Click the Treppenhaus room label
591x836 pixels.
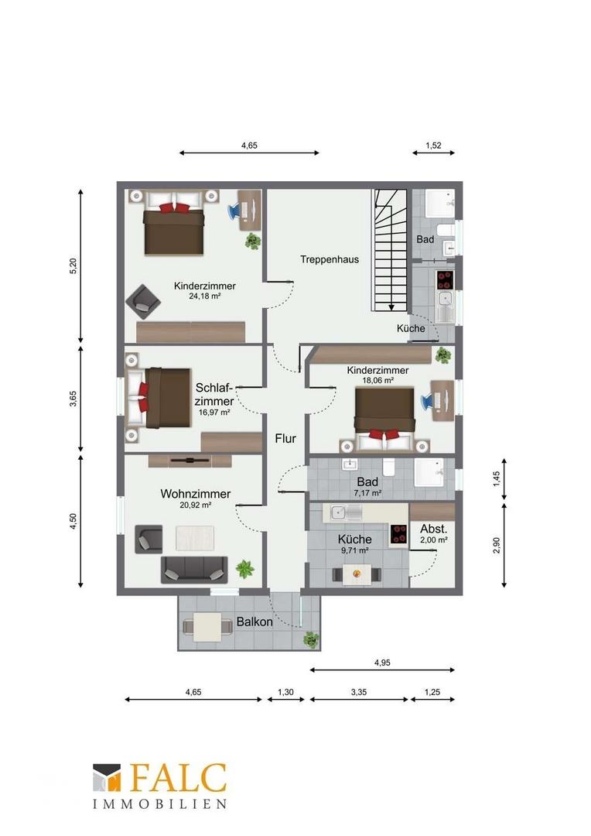(330, 259)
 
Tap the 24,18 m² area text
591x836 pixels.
(205, 296)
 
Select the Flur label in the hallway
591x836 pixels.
(285, 439)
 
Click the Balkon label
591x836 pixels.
(255, 622)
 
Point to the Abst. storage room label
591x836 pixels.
(434, 529)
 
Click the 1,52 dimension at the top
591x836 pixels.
(433, 145)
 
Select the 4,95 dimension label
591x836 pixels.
(382, 663)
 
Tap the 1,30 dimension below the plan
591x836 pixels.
(285, 692)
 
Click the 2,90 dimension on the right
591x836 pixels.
(497, 546)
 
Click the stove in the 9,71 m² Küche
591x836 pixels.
(398, 534)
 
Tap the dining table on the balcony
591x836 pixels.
(208, 628)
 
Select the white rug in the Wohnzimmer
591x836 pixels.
(195, 538)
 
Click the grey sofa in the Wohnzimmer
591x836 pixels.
(194, 570)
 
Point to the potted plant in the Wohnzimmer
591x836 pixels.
(245, 568)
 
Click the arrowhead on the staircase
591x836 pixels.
(391, 307)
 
